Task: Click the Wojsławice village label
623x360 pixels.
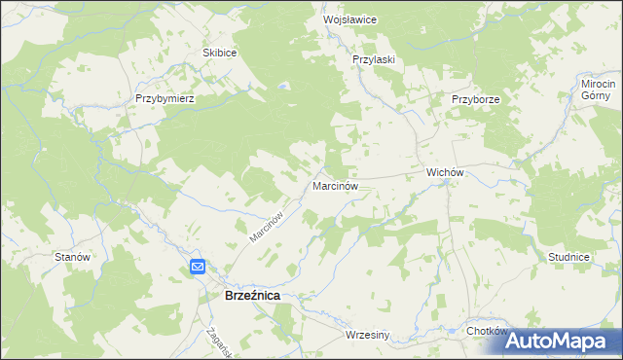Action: [x=349, y=19]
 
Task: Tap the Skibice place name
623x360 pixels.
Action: [x=219, y=53]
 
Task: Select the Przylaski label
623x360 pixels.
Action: [x=373, y=59]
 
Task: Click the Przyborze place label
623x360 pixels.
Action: [x=475, y=99]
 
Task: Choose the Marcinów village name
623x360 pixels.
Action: [x=337, y=184]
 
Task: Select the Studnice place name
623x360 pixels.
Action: [x=568, y=257]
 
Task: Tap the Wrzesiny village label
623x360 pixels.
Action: [x=367, y=336]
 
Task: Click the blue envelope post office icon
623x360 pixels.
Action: [x=198, y=267]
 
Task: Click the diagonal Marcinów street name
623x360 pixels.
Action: [x=265, y=226]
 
